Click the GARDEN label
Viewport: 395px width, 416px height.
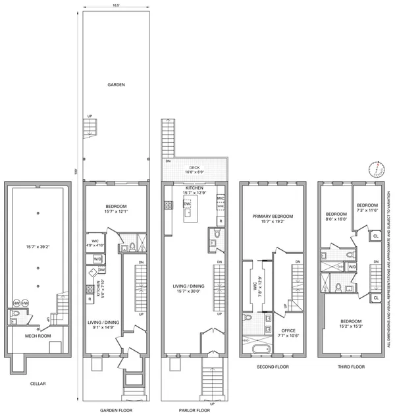tap(117, 84)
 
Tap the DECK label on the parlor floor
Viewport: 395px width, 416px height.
tap(194, 167)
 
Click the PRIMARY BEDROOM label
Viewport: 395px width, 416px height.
tap(273, 217)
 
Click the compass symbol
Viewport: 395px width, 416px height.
tap(376, 169)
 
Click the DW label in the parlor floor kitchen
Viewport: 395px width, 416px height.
tap(187, 204)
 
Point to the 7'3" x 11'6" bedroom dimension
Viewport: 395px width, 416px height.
tap(367, 210)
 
